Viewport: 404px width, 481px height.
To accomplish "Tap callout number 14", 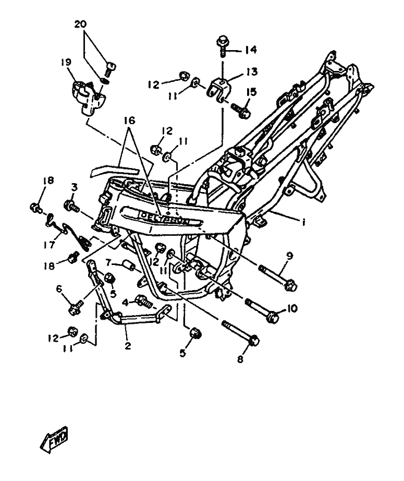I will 250,50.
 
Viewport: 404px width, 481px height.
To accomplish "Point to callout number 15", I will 251,92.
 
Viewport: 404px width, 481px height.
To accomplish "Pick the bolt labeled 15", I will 241,110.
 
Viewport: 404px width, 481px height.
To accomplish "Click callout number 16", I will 129,121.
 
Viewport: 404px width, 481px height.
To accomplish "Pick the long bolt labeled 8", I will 240,333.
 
